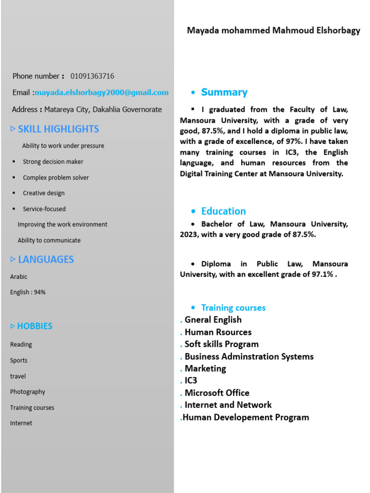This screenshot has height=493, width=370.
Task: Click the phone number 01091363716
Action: pos(92,76)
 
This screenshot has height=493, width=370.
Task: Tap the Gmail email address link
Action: pos(102,92)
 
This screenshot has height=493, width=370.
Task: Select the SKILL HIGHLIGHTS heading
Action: pos(58,129)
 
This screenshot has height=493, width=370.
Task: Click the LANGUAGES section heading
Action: pos(46,259)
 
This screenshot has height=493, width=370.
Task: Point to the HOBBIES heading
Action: pos(35,326)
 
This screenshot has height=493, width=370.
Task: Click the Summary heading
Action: pos(224,92)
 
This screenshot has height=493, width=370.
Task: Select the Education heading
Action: pos(224,211)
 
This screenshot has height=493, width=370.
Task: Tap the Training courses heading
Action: pos(233,308)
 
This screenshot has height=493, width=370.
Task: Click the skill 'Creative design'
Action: pos(44,193)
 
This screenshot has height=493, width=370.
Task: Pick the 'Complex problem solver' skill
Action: pos(56,178)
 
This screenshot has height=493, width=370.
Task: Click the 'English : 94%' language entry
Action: pos(28,292)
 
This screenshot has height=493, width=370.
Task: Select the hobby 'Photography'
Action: pos(27,392)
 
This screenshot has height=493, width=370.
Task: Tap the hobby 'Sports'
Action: pos(19,361)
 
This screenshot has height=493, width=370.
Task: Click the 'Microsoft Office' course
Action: pos(217,393)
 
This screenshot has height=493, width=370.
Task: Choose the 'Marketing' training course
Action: pos(205,369)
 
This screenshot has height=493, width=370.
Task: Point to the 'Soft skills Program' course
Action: pos(222,344)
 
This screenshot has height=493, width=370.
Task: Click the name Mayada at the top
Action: pos(203,31)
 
